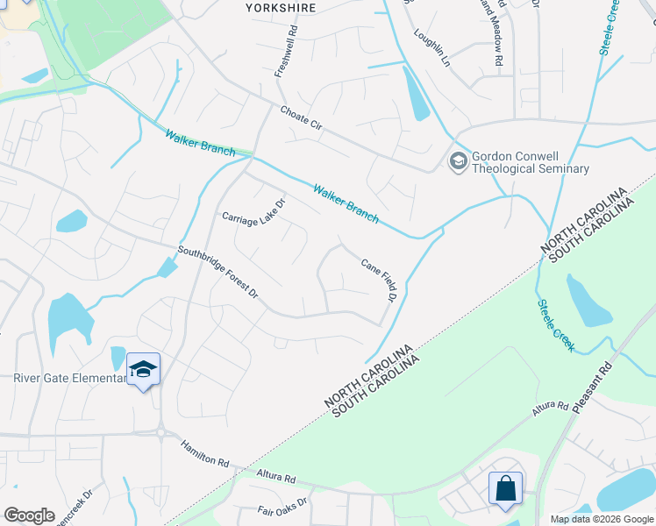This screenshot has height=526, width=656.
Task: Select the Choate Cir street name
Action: tap(302, 119)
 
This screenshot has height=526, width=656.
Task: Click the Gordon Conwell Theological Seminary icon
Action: tap(458, 161)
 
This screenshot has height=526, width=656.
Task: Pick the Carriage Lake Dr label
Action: tap(254, 212)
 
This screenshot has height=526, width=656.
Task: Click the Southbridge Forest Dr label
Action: tap(218, 273)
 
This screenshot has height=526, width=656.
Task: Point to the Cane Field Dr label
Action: tap(380, 281)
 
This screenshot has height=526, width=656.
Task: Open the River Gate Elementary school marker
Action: tap(143, 369)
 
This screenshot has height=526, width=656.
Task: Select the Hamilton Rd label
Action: tap(205, 455)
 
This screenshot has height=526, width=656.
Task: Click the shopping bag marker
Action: tap(506, 487)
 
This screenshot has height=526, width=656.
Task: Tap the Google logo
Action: tap(29, 515)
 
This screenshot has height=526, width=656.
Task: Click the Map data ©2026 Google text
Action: tap(602, 519)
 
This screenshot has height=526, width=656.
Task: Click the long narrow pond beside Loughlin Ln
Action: tap(417, 92)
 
